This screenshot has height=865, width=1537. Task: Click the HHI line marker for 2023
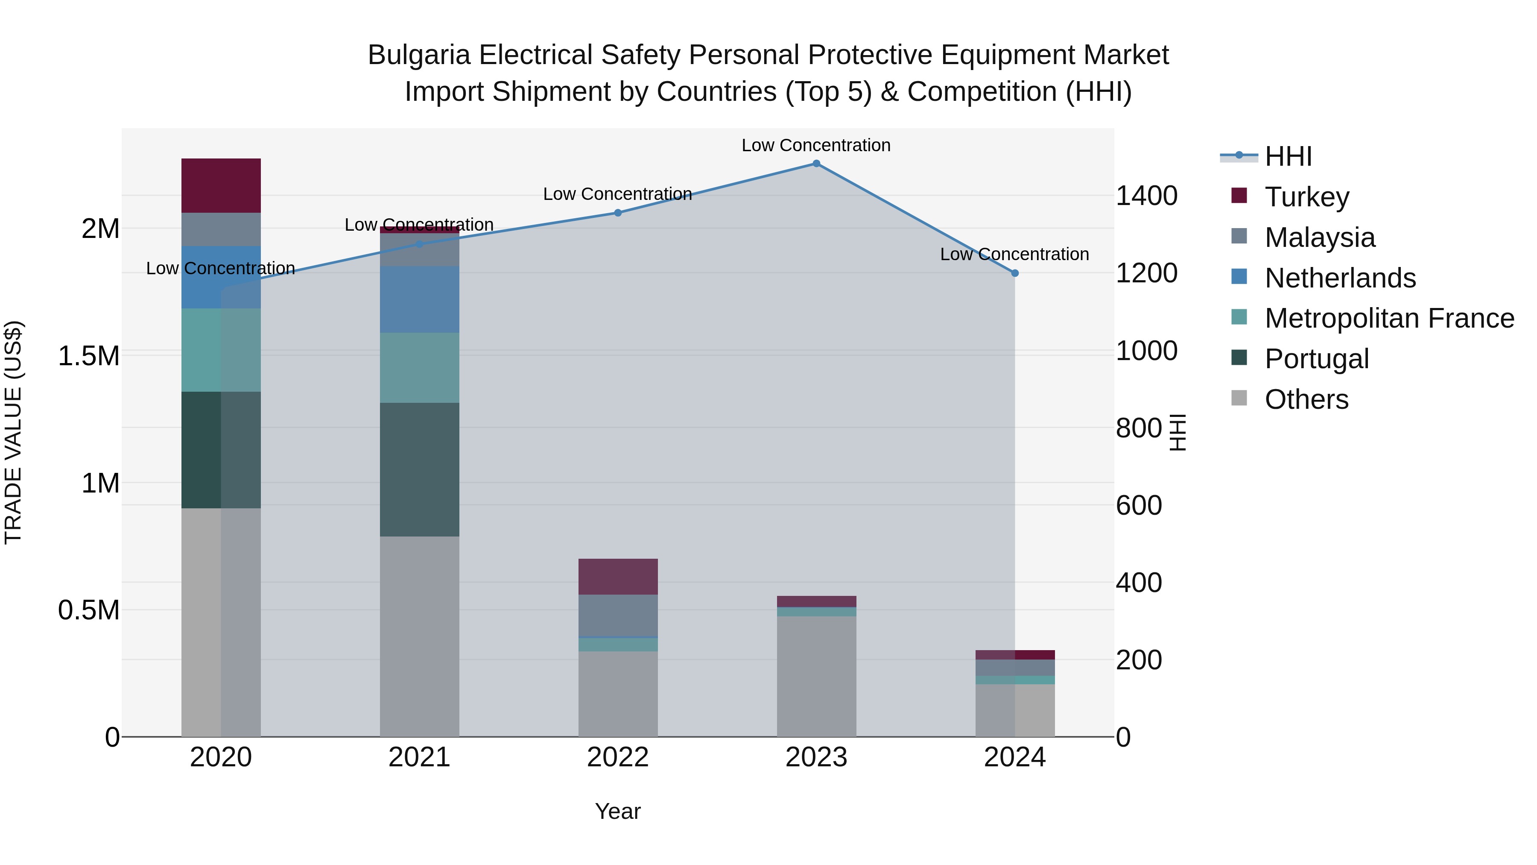click(x=816, y=164)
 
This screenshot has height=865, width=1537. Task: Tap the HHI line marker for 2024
click(x=1015, y=273)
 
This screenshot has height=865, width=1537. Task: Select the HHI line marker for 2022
click(x=617, y=213)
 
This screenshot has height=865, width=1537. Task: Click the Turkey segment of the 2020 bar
click(x=221, y=186)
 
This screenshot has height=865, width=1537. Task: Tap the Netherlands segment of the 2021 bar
click(x=419, y=300)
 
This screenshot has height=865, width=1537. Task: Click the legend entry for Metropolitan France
click(x=1388, y=318)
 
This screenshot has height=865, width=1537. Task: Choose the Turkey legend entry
click(x=1307, y=197)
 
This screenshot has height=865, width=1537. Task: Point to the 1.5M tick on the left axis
click(x=89, y=356)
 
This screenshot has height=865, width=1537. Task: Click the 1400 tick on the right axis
click(x=1146, y=196)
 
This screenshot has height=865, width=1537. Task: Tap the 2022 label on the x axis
click(x=617, y=757)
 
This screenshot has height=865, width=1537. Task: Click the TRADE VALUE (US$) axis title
click(x=13, y=432)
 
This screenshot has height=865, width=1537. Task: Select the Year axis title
click(x=617, y=811)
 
